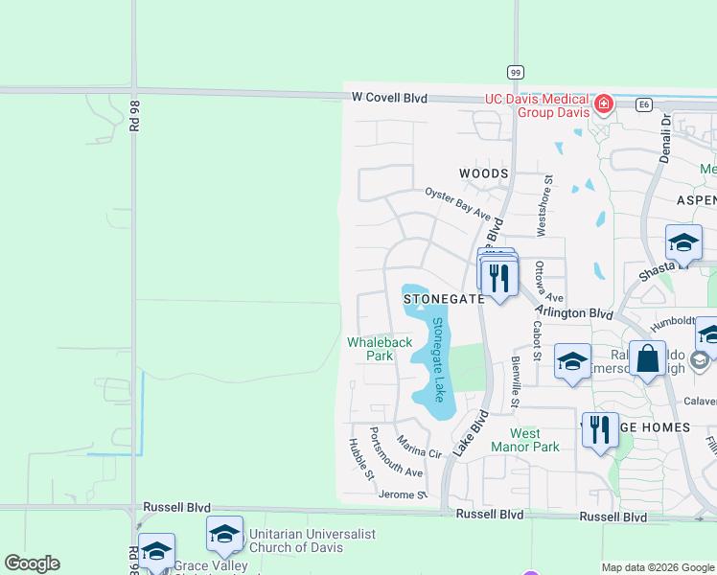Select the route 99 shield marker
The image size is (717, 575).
516,73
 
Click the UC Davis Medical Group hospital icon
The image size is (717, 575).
604,103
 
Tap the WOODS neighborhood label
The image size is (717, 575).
483,173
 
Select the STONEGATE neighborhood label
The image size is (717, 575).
444,299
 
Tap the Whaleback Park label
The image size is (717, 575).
380,348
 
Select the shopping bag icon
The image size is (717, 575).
648,359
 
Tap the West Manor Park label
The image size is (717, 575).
524,440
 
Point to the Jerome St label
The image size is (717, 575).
402,495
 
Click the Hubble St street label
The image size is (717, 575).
359,459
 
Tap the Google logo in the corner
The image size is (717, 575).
32,563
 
